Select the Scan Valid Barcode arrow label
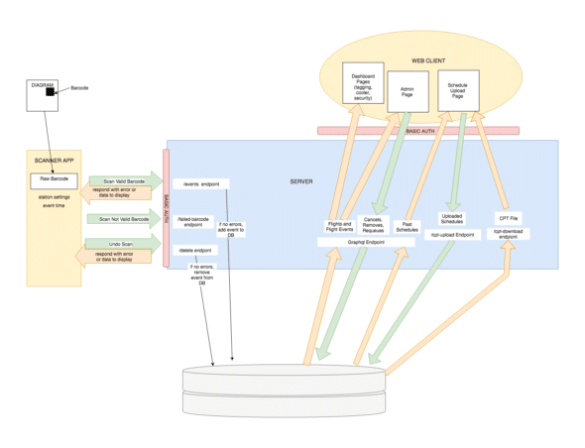[124, 181]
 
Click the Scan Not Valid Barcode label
[124, 218]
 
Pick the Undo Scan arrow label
[124, 243]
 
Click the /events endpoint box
[199, 183]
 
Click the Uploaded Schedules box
[452, 219]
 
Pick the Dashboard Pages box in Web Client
[361, 87]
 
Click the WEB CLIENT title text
[428, 60]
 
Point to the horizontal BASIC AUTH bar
[417, 130]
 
